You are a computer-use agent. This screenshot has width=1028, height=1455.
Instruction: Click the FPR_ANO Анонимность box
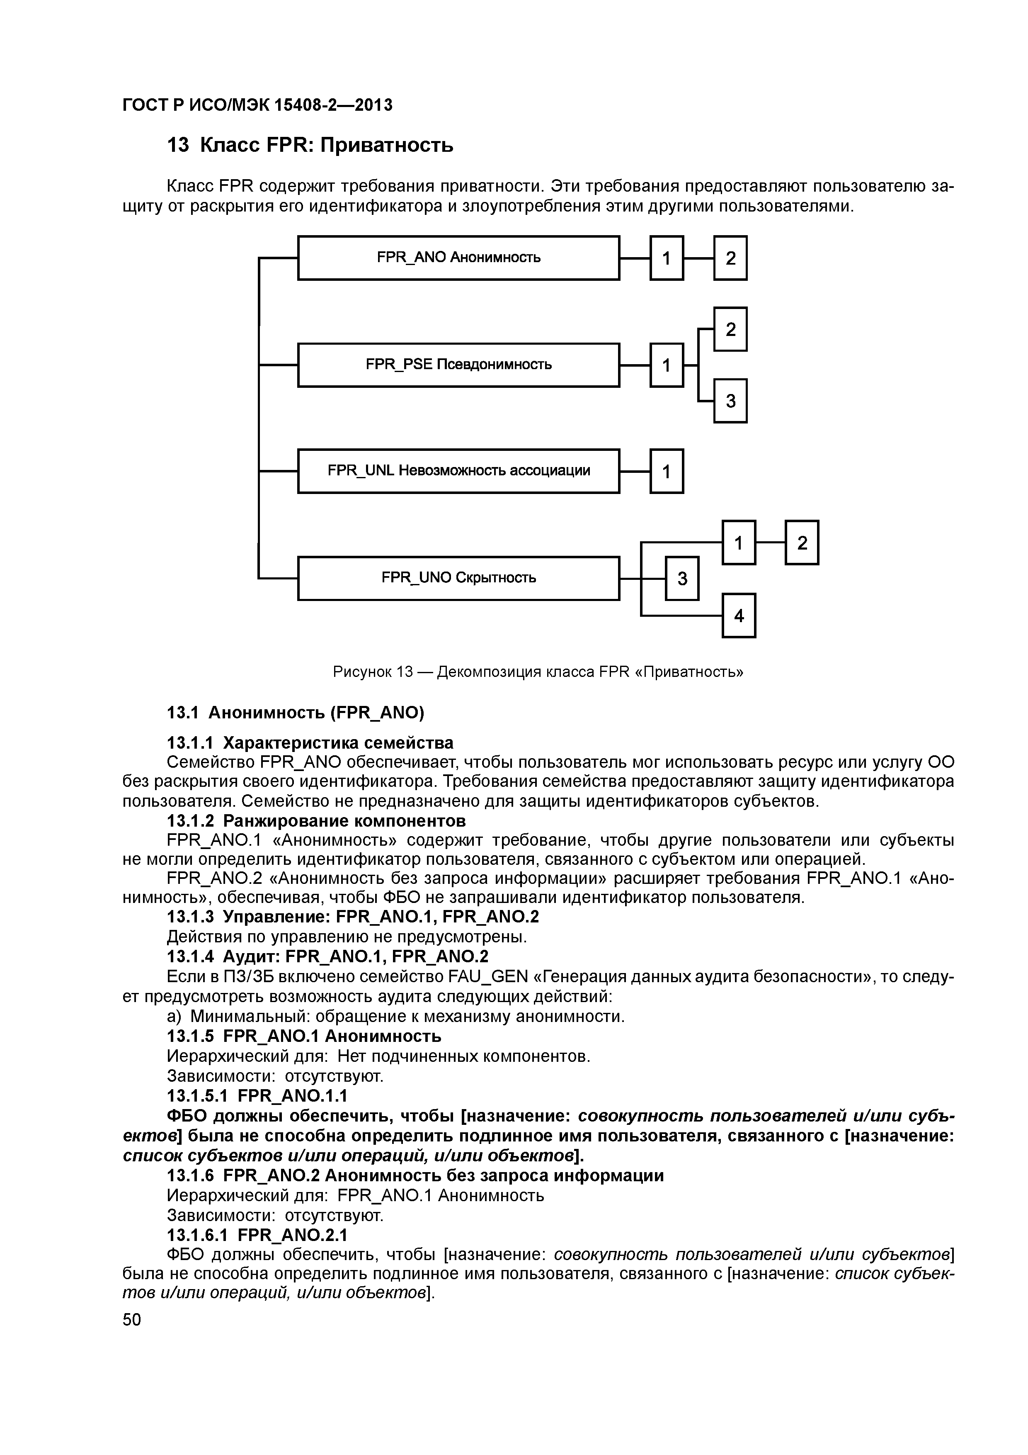(x=458, y=258)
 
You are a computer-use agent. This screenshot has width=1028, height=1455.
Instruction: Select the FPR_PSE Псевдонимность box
(x=458, y=365)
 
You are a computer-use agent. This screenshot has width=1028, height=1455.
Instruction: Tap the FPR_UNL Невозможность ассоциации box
(x=458, y=471)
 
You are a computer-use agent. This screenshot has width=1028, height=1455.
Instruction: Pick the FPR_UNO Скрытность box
(x=458, y=578)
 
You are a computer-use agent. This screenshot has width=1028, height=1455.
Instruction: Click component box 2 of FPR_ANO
(x=730, y=258)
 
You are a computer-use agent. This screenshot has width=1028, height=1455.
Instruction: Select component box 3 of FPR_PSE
(x=730, y=401)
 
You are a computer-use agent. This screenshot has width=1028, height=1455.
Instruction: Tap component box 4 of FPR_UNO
(x=739, y=616)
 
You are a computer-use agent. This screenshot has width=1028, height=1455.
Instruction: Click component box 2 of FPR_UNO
(x=802, y=543)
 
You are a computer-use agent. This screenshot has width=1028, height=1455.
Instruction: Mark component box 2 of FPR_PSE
(x=730, y=329)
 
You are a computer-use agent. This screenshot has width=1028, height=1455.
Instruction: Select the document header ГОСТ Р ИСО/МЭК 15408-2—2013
(x=257, y=105)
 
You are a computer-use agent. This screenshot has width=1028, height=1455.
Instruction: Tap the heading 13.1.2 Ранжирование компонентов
(x=316, y=821)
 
